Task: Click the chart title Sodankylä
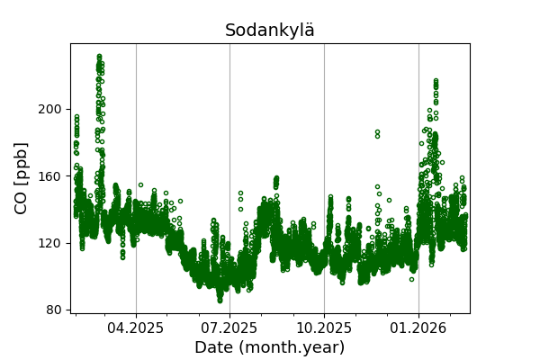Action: click(270, 31)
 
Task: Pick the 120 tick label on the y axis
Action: click(49, 243)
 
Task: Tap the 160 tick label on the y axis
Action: click(49, 175)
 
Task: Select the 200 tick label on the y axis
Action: click(49, 109)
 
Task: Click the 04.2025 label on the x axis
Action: click(136, 328)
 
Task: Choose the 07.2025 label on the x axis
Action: click(229, 328)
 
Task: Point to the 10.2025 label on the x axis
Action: click(324, 328)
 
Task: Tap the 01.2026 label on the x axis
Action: click(418, 328)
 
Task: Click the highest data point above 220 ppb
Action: click(99, 56)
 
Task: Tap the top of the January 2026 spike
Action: click(436, 81)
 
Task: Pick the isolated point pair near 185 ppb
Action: click(377, 133)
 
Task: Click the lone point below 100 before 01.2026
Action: click(411, 279)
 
